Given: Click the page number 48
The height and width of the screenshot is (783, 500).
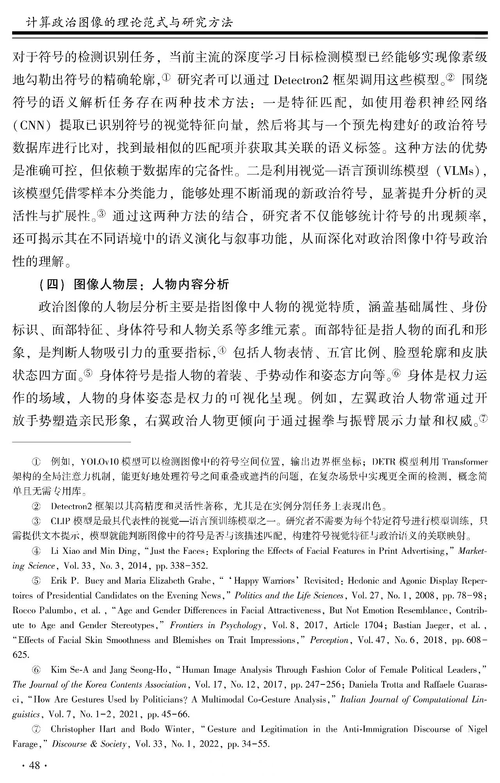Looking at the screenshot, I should [x=35, y=765].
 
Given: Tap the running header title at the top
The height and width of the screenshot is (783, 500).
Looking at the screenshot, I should [x=129, y=23].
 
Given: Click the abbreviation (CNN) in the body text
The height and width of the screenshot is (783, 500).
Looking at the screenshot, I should [x=32, y=126].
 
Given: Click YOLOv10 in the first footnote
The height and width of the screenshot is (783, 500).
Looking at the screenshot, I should [x=100, y=462].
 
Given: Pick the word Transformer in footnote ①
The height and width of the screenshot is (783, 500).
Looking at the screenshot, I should [x=465, y=462].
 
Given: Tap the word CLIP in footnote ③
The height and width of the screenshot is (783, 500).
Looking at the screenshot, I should [x=60, y=521].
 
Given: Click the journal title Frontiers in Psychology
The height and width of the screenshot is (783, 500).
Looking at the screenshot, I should [x=216, y=625].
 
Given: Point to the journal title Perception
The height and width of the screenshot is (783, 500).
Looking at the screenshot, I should [x=329, y=640].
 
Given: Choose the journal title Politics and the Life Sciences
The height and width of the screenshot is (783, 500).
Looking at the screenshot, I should [x=289, y=596].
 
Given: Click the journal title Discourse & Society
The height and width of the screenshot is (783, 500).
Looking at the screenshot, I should [x=89, y=744].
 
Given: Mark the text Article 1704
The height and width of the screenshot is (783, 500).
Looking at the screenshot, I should [x=358, y=625].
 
